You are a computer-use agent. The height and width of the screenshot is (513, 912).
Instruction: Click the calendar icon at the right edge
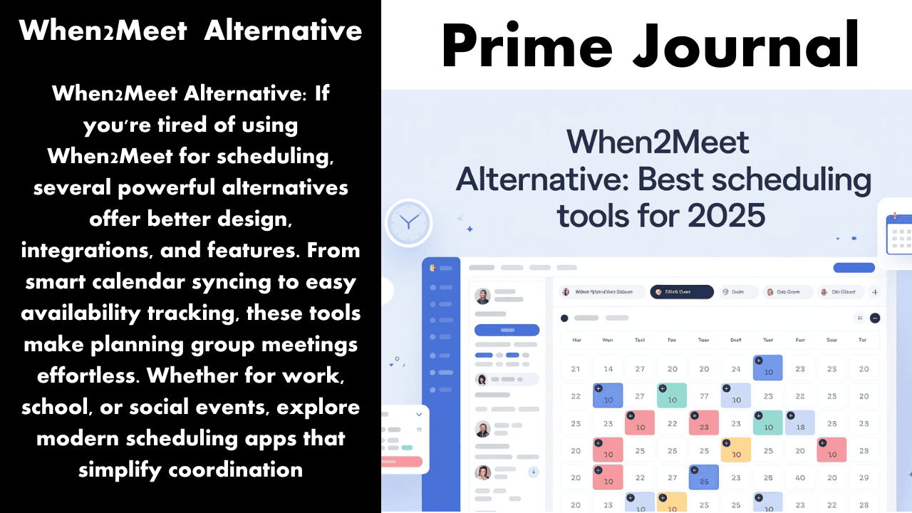click(x=899, y=232)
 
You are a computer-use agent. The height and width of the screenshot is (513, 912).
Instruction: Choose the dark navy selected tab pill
click(x=681, y=291)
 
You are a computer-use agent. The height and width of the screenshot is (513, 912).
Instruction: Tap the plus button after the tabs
click(x=875, y=291)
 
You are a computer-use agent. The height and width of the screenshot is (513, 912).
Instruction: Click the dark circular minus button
click(x=875, y=318)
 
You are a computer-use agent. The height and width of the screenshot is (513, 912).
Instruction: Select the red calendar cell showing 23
click(x=704, y=423)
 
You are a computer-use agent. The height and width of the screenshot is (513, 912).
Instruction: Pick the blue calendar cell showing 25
click(x=704, y=477)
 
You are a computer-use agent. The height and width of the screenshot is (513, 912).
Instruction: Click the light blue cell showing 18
click(x=799, y=423)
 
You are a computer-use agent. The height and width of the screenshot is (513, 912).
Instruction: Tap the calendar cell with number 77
click(x=704, y=396)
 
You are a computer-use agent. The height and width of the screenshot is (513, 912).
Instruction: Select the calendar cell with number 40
click(x=799, y=477)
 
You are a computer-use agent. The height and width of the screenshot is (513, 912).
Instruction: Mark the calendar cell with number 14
click(x=608, y=369)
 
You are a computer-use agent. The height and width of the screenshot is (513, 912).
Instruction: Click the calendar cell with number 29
click(x=864, y=477)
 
